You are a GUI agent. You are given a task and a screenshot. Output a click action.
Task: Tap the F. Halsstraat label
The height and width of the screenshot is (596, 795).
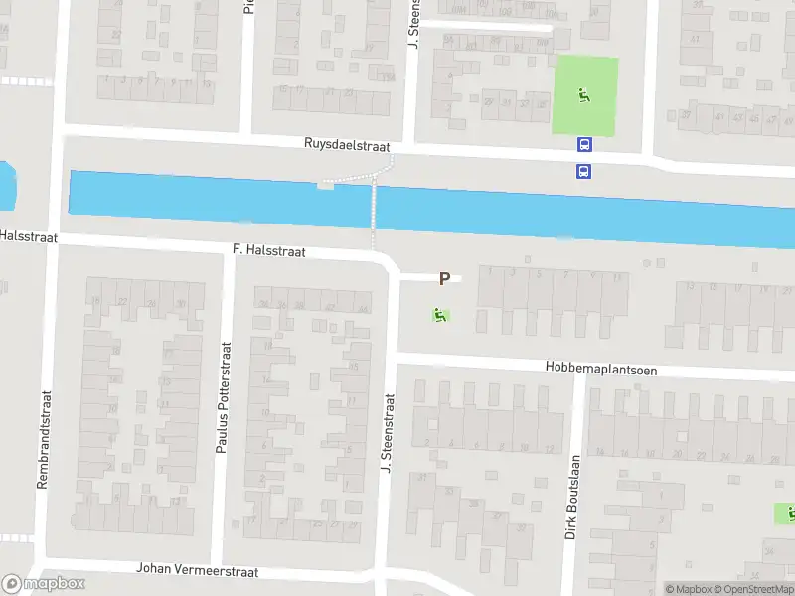[x=268, y=252]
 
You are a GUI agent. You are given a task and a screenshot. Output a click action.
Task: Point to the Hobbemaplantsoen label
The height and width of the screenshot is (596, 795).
[x=600, y=368]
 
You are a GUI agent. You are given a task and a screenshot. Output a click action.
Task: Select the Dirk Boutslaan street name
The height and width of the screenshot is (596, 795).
[x=572, y=497]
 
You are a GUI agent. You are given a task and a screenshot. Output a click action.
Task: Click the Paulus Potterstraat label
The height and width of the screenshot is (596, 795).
[x=223, y=397]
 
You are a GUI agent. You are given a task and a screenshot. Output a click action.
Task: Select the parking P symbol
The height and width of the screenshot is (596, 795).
[x=444, y=280]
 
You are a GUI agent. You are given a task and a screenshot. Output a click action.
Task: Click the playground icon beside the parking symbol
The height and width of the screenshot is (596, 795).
[x=438, y=316]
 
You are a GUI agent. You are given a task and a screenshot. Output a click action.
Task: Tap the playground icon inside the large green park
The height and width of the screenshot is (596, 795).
[x=584, y=97]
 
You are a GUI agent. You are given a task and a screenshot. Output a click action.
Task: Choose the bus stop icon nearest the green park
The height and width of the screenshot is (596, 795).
[x=583, y=144]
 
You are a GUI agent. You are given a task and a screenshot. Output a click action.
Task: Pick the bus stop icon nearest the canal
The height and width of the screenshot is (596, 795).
[x=583, y=171]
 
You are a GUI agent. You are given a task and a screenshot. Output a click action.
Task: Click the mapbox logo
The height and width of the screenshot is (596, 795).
[x=44, y=584]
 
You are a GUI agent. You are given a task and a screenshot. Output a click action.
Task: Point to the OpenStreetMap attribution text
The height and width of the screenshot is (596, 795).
[x=761, y=589]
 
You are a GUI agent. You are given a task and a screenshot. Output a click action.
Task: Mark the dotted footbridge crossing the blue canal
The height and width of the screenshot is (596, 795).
[x=375, y=209]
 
